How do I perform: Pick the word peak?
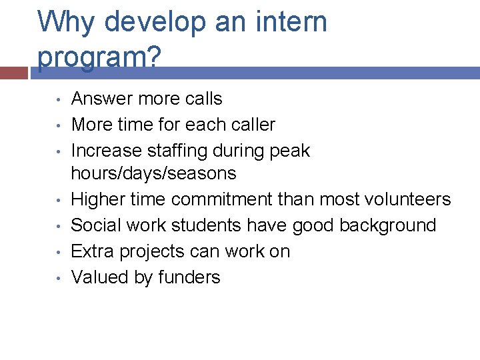click(x=288, y=151)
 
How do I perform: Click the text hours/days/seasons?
click(x=153, y=173)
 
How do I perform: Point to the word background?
click(x=387, y=225)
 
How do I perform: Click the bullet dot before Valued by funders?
click(x=59, y=278)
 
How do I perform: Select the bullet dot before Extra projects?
click(x=59, y=252)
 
